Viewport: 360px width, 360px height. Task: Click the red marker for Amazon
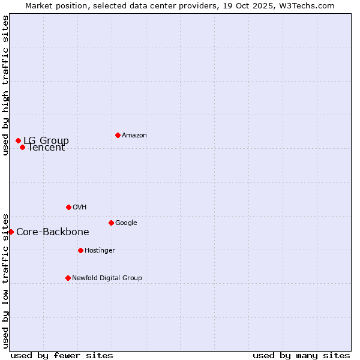pos(118,135)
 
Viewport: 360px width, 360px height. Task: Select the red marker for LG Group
pos(18,140)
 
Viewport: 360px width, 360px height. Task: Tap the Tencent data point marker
pos(22,147)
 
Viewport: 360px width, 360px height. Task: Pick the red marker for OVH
pos(68,207)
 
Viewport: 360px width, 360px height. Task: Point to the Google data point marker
pos(111,223)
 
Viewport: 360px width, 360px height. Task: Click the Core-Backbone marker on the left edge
pos(11,232)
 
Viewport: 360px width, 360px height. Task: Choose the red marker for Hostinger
pos(80,250)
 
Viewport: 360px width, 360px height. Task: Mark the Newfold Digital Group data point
pos(68,278)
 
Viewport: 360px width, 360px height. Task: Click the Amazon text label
pos(134,135)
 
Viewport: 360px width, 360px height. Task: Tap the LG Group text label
pos(46,140)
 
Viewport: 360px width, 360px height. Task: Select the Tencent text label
pos(47,148)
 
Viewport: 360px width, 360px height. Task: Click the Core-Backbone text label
pos(53,232)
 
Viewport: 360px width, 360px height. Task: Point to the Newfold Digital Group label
pos(107,278)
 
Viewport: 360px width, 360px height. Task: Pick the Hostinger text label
pos(100,250)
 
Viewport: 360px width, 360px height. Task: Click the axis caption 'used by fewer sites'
pos(62,355)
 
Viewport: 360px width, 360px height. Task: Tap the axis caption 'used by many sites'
pos(301,355)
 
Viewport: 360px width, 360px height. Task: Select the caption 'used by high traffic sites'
pos(5,85)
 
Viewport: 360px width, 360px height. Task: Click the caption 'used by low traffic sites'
pos(5,280)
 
